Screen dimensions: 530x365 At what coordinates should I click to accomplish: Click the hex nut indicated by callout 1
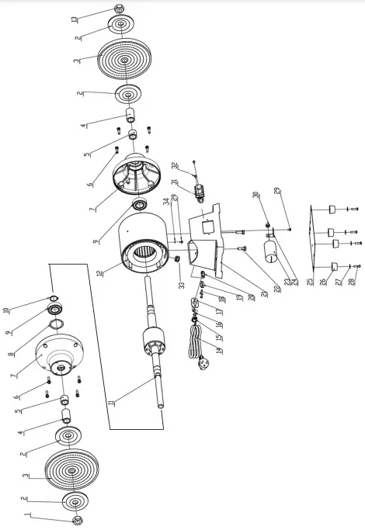(77, 520)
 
